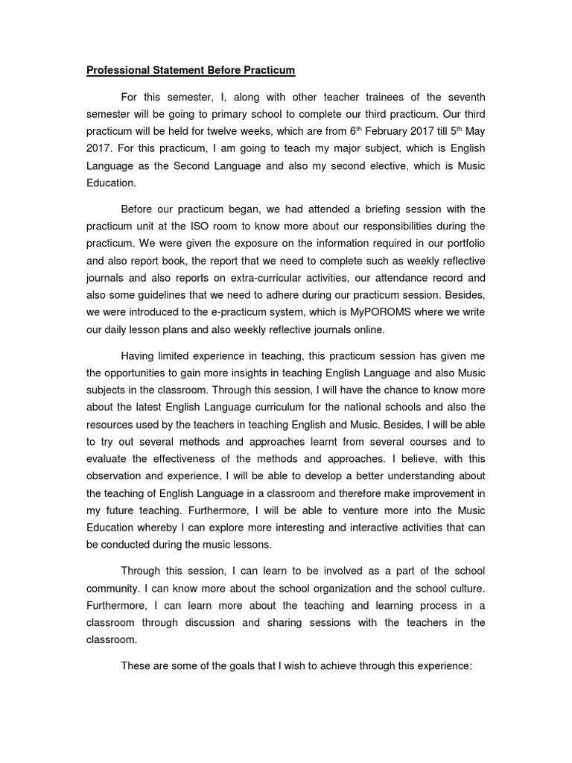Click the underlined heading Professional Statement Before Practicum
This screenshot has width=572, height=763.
(191, 71)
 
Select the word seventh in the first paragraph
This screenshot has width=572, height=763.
(464, 98)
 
